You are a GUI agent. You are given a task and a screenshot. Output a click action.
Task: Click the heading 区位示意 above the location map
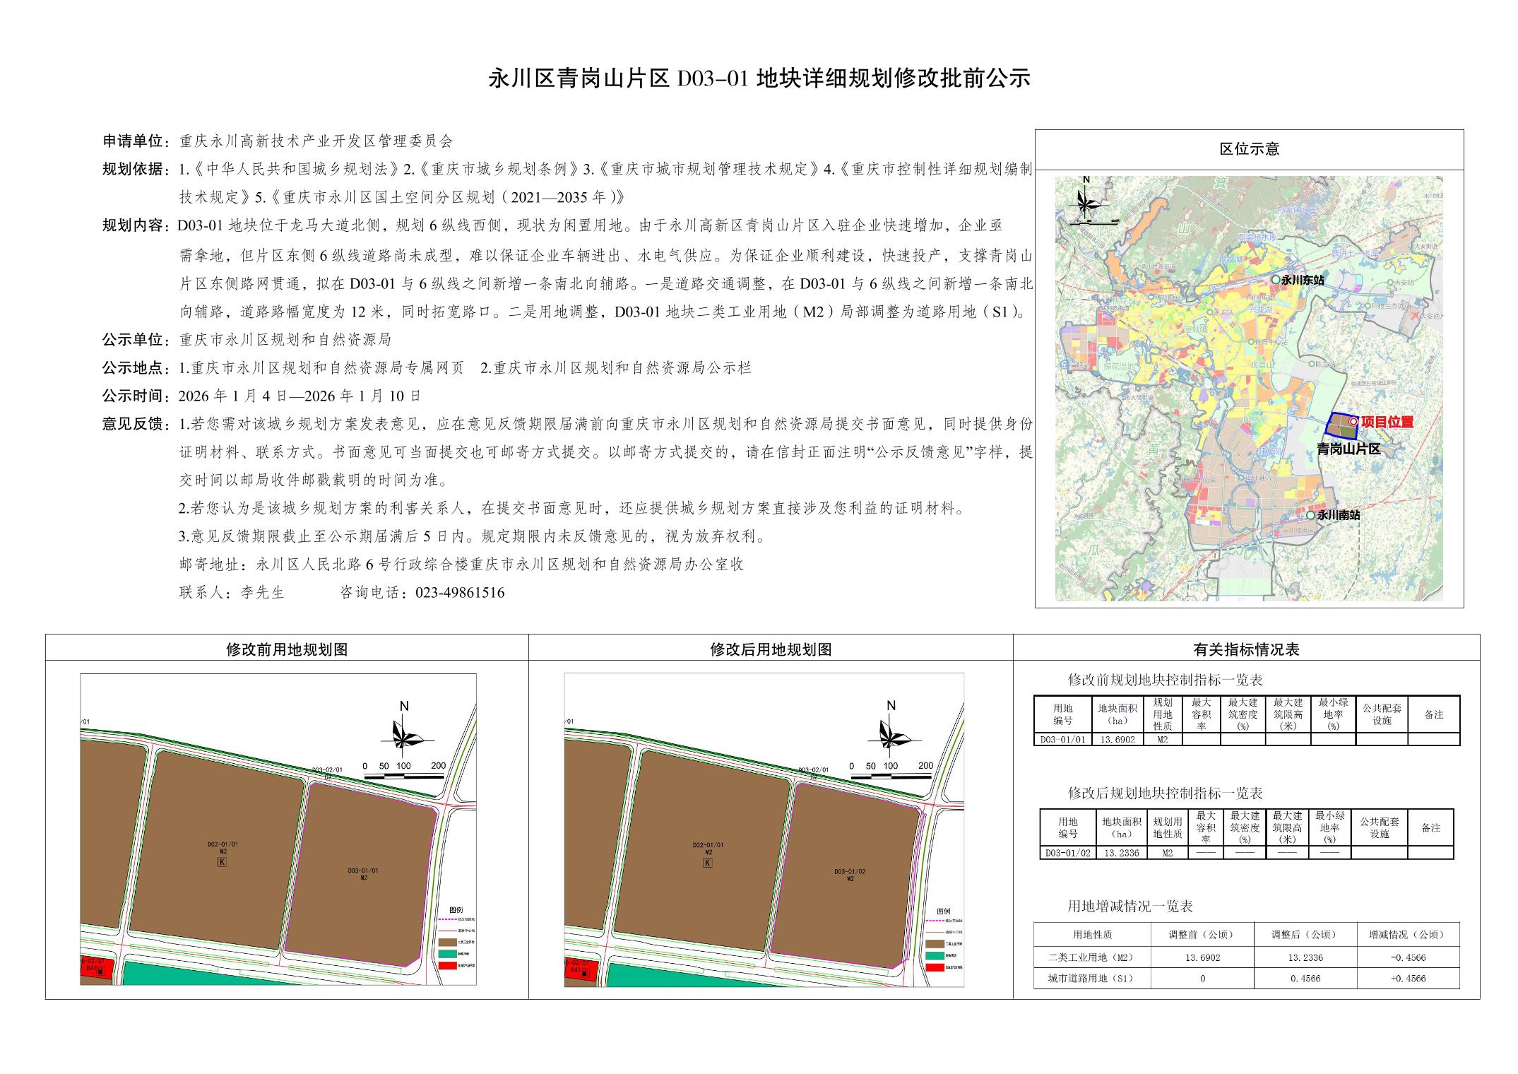(1249, 149)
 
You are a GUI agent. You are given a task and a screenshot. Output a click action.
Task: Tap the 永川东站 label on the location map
(1303, 280)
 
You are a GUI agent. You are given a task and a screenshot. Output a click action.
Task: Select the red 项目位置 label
(1387, 422)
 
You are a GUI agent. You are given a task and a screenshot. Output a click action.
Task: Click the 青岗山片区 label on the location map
(1348, 449)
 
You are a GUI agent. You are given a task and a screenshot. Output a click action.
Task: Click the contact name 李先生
(262, 593)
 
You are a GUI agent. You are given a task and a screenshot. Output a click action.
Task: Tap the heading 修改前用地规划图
(287, 649)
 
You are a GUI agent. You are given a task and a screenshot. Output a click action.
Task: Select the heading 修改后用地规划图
(771, 649)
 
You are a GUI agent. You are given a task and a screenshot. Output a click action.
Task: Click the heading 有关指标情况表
(1246, 649)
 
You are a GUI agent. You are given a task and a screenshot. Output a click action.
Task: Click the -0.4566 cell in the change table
(1408, 957)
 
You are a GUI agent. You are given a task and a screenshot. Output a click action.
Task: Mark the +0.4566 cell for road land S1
(1408, 979)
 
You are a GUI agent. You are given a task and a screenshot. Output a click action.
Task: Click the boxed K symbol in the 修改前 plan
(223, 862)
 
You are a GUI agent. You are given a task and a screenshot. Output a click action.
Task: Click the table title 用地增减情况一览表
(1130, 906)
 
